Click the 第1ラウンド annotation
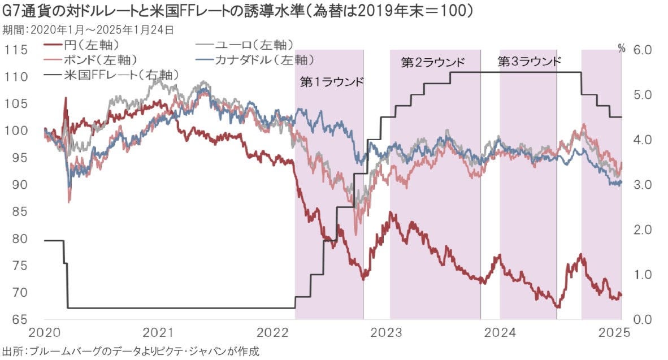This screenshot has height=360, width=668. tap(331, 82)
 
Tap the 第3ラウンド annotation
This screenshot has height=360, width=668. tap(530, 62)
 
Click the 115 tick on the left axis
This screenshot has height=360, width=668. tap(16, 50)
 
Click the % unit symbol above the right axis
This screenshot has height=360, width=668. tap(622, 49)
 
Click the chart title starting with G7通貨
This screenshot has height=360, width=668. tap(238, 11)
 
